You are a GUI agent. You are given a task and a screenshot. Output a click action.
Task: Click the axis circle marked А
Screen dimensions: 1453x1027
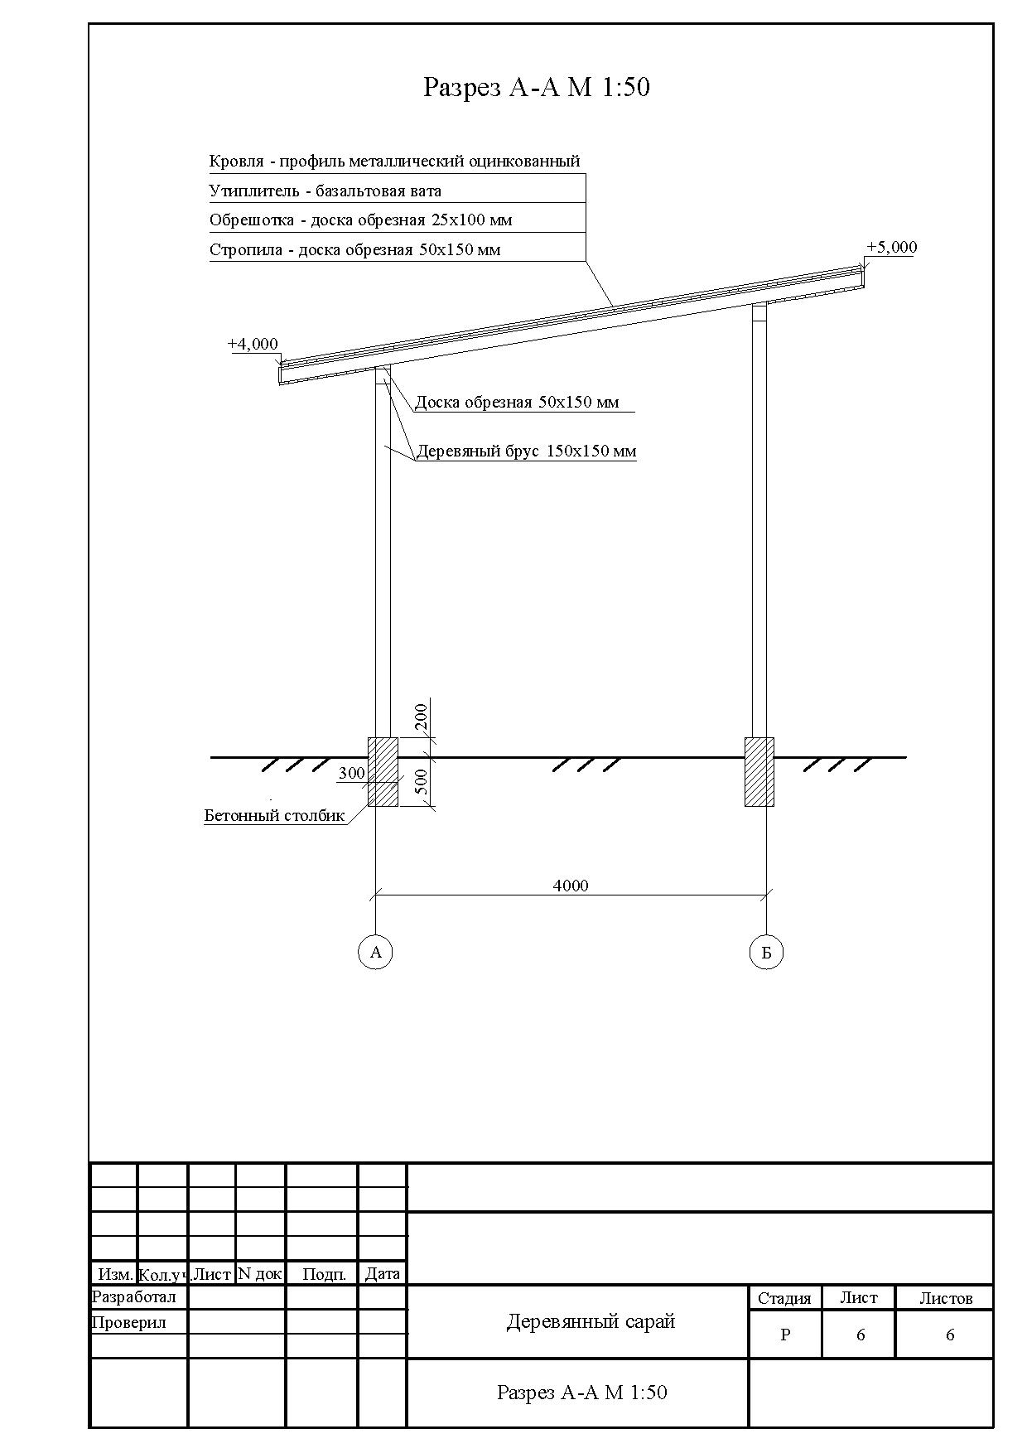376,952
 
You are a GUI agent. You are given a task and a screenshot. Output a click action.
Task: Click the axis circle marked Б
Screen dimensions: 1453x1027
766,952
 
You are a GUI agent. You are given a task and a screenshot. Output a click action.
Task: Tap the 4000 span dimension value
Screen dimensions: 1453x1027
571,886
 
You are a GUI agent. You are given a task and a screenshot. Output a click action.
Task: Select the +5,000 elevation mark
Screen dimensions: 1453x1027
891,247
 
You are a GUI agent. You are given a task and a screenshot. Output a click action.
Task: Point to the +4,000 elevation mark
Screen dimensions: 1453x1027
253,344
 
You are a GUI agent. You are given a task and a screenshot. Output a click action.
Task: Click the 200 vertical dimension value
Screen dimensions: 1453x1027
421,717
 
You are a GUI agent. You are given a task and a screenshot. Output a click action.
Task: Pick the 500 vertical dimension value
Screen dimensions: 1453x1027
421,782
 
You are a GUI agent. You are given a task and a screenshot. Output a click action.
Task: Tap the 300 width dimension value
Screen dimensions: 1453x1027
351,773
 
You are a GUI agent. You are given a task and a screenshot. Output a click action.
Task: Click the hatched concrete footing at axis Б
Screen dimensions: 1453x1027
759,772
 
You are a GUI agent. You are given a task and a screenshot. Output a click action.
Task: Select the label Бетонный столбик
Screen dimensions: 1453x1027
274,815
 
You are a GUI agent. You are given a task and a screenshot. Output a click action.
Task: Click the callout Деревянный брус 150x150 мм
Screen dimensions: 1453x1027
526,451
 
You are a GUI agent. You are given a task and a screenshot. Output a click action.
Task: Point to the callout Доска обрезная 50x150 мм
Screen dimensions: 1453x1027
517,403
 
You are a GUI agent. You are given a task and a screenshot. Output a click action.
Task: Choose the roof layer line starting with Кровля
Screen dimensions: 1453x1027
394,161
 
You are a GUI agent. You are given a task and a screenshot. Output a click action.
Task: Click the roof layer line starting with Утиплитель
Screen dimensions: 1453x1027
325,191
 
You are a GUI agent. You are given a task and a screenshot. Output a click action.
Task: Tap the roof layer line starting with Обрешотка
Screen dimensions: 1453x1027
360,220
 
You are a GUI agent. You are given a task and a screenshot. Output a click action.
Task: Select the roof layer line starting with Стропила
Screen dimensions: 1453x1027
354,249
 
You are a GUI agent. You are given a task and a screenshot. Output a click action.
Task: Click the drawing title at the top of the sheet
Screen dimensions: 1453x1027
536,87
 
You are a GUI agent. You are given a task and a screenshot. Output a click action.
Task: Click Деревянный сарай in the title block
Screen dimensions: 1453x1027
591,1321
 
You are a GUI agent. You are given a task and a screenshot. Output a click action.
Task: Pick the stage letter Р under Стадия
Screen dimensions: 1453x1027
785,1335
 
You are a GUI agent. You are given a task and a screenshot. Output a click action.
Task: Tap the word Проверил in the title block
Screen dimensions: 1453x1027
129,1322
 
